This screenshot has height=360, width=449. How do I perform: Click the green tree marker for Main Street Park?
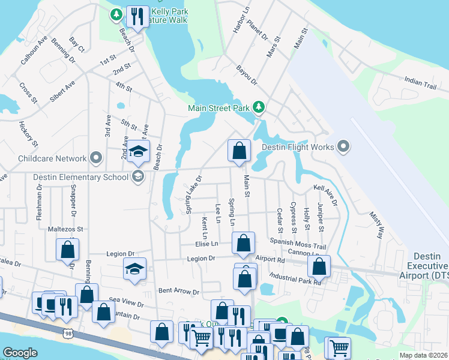[259, 107]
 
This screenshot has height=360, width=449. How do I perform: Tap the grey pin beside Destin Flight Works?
[343, 146]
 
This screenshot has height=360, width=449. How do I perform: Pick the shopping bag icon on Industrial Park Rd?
[321, 266]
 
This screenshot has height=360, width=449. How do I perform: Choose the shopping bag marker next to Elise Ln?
[243, 243]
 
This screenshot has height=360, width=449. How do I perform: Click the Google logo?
[20, 353]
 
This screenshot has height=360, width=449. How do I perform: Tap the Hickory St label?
[28, 134]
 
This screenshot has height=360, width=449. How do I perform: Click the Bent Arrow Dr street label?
[178, 292]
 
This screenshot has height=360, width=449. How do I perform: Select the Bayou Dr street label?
[246, 75]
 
